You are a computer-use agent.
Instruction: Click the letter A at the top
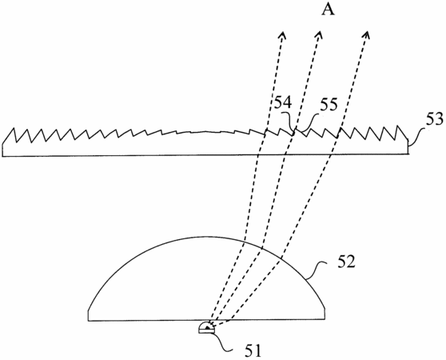(329, 10)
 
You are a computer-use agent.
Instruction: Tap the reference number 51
(253, 350)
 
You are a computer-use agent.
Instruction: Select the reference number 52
(346, 262)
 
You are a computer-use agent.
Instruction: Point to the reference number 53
(434, 119)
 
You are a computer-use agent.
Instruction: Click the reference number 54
(282, 102)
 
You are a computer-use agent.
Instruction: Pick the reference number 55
(329, 105)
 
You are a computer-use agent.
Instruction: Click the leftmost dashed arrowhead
(282, 35)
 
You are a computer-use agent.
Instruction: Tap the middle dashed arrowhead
(319, 35)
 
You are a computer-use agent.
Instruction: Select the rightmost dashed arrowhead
(367, 35)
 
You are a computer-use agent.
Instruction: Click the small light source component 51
(207, 327)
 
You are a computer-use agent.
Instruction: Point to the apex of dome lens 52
(205, 237)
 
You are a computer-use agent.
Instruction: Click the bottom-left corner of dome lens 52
(89, 321)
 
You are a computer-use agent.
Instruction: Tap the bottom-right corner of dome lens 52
(325, 320)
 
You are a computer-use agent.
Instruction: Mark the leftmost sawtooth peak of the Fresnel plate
(13, 128)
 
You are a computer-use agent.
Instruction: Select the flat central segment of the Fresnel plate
(205, 132)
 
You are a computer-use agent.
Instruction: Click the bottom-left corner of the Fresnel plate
(2, 156)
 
